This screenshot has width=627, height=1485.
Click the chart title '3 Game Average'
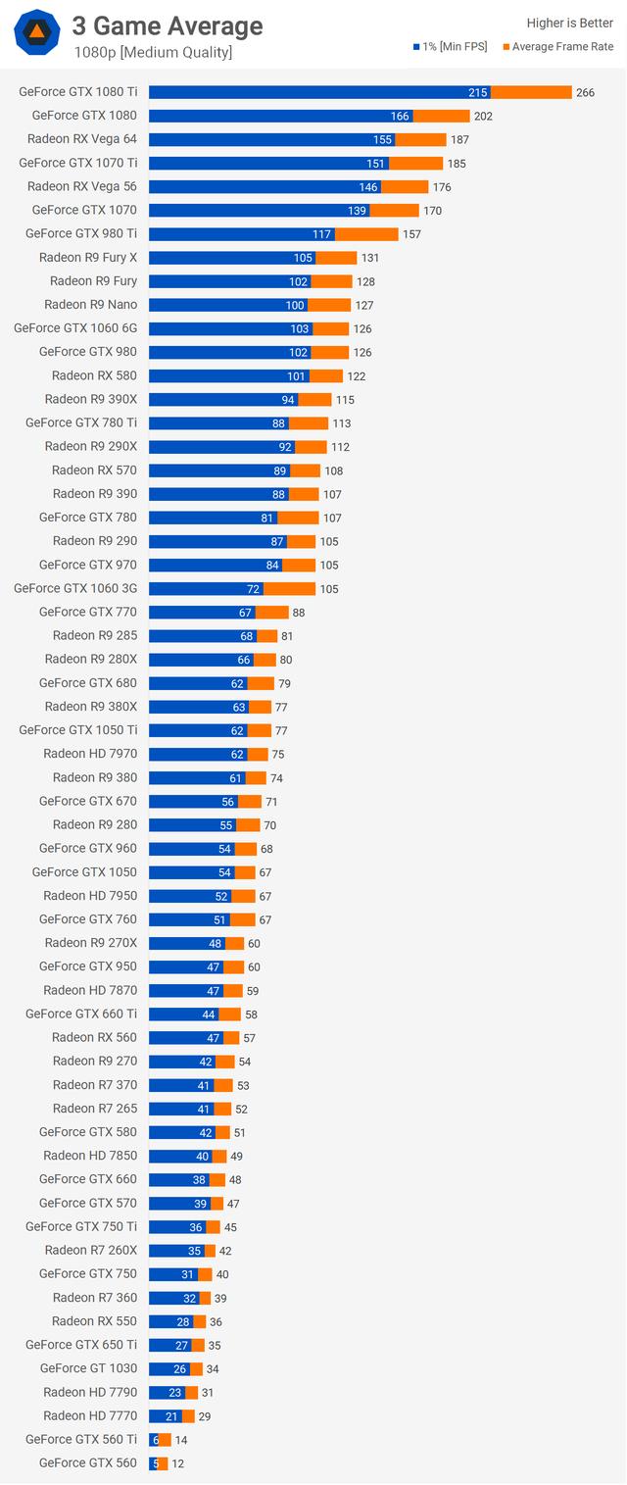pyautogui.click(x=168, y=25)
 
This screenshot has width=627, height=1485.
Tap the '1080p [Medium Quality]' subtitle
pyautogui.click(x=152, y=52)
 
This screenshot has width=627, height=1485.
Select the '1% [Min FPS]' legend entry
pyautogui.click(x=455, y=46)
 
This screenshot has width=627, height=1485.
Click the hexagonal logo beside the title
pyautogui.click(x=37, y=35)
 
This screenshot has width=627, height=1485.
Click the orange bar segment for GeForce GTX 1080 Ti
pyautogui.click(x=530, y=92)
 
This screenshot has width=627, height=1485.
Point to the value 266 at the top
pyautogui.click(x=585, y=93)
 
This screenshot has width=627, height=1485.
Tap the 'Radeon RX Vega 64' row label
pyautogui.click(x=82, y=139)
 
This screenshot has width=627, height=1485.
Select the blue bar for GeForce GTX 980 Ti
pyautogui.click(x=241, y=233)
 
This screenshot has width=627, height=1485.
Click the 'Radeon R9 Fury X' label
pyautogui.click(x=88, y=258)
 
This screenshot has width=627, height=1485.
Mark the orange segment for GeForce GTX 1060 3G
pyautogui.click(x=289, y=588)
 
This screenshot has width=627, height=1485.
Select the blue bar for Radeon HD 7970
pyautogui.click(x=198, y=754)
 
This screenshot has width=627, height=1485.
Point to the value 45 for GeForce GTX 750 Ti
pyautogui.click(x=231, y=1227)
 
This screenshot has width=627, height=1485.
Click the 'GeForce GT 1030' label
pyautogui.click(x=88, y=1368)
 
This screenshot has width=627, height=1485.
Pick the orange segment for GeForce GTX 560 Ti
pyautogui.click(x=166, y=1439)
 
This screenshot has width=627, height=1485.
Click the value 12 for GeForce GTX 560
pyautogui.click(x=176, y=1463)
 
